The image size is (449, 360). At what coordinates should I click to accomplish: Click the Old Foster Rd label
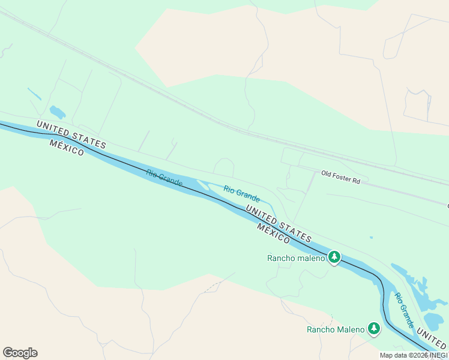tap(340, 177)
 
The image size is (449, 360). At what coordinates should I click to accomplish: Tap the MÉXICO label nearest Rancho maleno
tap(274, 233)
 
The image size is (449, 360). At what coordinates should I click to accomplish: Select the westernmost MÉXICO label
tap(67, 148)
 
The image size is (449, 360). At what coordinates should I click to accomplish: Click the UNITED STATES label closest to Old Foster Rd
tap(279, 223)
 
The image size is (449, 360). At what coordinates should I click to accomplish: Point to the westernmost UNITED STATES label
tap(71, 134)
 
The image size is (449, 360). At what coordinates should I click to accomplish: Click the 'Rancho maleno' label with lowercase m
tap(295, 259)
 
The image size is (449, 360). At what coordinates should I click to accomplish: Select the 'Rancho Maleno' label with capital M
tap(335, 329)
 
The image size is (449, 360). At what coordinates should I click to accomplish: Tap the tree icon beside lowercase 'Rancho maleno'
tap(334, 258)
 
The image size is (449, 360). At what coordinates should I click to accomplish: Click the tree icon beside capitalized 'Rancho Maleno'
tap(374, 329)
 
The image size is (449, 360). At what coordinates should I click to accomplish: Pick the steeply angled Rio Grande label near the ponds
tap(404, 310)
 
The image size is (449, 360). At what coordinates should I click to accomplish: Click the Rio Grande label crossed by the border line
tap(164, 178)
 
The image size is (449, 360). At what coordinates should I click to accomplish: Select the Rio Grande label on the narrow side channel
tap(241, 193)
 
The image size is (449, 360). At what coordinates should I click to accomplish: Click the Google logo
tap(20, 353)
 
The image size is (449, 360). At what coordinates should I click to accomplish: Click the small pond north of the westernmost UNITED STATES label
tap(57, 112)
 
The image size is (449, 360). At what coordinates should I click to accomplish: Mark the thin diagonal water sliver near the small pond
tap(34, 94)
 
